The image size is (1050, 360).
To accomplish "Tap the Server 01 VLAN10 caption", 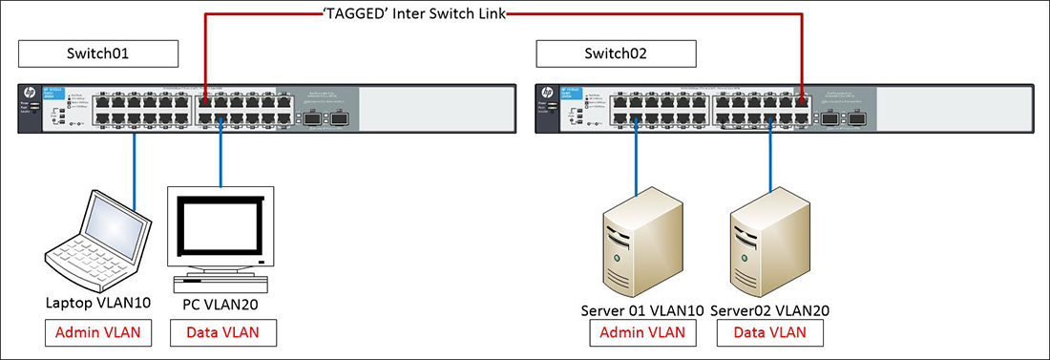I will click(x=641, y=310).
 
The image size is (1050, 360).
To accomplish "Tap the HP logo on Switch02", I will click(x=547, y=94).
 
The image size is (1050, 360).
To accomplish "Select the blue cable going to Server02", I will click(x=769, y=158).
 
